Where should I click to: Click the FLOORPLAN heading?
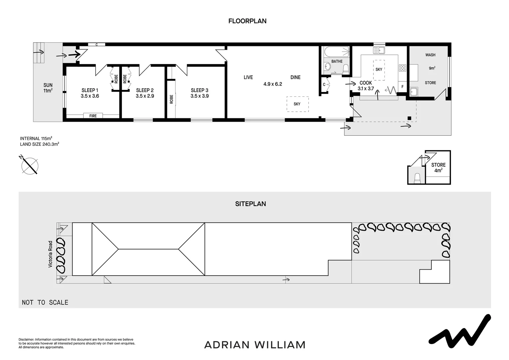247,21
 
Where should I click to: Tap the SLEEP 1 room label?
90,90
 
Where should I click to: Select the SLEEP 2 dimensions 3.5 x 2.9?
145,96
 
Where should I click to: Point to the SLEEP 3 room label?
199,90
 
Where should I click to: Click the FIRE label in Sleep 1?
93,116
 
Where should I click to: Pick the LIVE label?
248,77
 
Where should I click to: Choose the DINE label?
295,77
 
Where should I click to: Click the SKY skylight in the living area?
297,104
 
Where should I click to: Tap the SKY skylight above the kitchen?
379,70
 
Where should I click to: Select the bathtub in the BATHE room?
336,52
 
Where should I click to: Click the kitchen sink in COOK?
379,50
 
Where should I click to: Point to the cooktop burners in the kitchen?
402,68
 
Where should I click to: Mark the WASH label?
430,55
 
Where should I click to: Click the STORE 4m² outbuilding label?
438,167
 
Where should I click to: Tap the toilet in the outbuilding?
417,178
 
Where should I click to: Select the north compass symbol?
30,165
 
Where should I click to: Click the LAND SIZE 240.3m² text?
39,144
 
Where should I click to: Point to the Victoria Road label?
51,254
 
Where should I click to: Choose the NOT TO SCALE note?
45,302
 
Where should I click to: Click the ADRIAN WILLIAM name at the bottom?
254,345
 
